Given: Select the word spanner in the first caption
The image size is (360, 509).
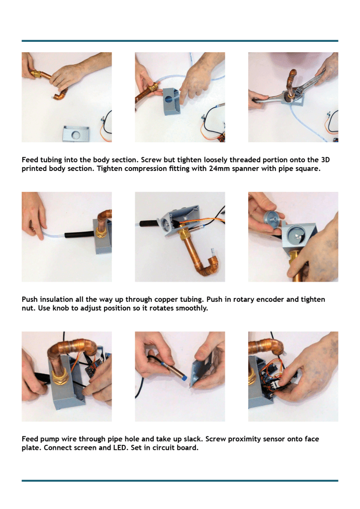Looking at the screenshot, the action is [245, 169].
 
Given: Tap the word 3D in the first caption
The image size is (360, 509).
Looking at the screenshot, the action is [325, 160].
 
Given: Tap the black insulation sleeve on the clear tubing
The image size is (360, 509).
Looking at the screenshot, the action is [79, 235].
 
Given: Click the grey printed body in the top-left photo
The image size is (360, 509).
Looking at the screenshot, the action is [76, 134].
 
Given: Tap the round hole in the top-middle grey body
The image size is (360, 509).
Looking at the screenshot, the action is [168, 99].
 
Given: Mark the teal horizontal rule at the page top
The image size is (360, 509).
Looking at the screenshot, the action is [180, 41].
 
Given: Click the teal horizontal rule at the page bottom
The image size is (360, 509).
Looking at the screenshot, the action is [180, 481].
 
